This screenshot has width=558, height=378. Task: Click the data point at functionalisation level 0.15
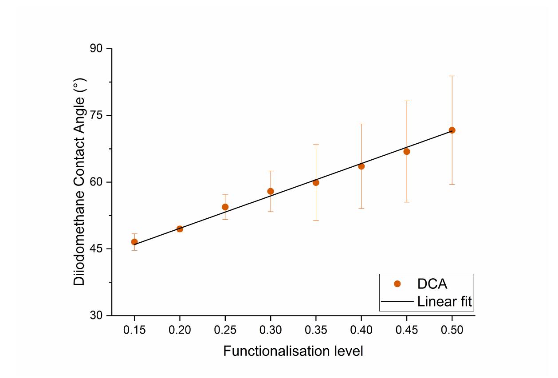tap(134, 242)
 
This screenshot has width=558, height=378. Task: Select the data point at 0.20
tap(180, 229)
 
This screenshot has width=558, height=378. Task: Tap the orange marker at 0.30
tap(271, 191)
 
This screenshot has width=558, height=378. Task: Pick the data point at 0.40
tap(361, 166)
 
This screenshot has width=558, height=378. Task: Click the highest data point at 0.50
tap(452, 130)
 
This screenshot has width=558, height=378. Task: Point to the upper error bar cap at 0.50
tap(452, 76)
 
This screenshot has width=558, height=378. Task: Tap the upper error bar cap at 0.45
tap(407, 101)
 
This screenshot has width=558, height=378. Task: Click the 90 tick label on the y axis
tap(95, 49)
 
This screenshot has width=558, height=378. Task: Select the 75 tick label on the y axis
tap(95, 115)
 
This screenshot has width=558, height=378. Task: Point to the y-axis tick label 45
tap(95, 249)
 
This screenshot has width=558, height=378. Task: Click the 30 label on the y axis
tap(95, 315)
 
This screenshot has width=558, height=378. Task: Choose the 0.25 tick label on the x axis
tap(225, 330)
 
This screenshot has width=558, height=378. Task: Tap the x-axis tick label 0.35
tap(316, 330)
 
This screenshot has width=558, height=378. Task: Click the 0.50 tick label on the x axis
tap(452, 330)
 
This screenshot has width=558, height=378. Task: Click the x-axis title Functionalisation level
tap(293, 351)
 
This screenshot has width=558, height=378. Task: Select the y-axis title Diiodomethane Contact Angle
tap(79, 182)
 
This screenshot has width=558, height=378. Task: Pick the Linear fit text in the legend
tap(444, 302)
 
